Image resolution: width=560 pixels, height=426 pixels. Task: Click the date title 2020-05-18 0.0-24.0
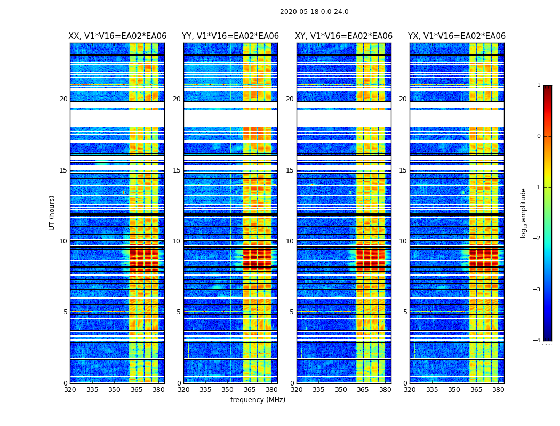pyautogui.click(x=314, y=12)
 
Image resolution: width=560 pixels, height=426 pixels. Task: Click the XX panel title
pyautogui.click(x=117, y=36)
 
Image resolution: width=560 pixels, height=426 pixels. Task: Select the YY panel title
pyautogui.click(x=230, y=36)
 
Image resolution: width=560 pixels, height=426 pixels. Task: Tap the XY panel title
pyautogui.click(x=344, y=36)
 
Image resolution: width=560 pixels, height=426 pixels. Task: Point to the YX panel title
pyautogui.click(x=457, y=36)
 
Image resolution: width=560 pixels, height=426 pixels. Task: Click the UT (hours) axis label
pyautogui.click(x=52, y=212)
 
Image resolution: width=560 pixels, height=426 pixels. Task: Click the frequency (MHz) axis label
pyautogui.click(x=258, y=400)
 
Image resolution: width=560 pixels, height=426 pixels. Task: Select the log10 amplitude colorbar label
pyautogui.click(x=524, y=212)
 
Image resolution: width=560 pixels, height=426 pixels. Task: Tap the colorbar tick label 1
pyautogui.click(x=539, y=85)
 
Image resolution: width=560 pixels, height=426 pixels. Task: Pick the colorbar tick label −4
pyautogui.click(x=537, y=341)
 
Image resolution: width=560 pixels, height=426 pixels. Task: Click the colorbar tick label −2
pyautogui.click(x=537, y=239)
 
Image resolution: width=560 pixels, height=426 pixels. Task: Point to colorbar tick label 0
pyautogui.click(x=539, y=136)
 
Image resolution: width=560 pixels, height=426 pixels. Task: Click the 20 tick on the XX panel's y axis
pyautogui.click(x=63, y=99)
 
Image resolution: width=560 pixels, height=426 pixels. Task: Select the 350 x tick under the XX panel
pyautogui.click(x=114, y=390)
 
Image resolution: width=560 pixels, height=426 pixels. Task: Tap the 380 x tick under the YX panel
pyautogui.click(x=498, y=390)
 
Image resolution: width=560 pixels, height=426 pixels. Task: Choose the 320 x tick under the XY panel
pyautogui.click(x=297, y=390)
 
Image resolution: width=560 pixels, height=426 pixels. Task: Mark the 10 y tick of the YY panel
pyautogui.click(x=177, y=241)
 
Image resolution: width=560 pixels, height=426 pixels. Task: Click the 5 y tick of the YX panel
pyautogui.click(x=405, y=312)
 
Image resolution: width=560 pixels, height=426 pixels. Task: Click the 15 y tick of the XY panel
pyautogui.click(x=290, y=170)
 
